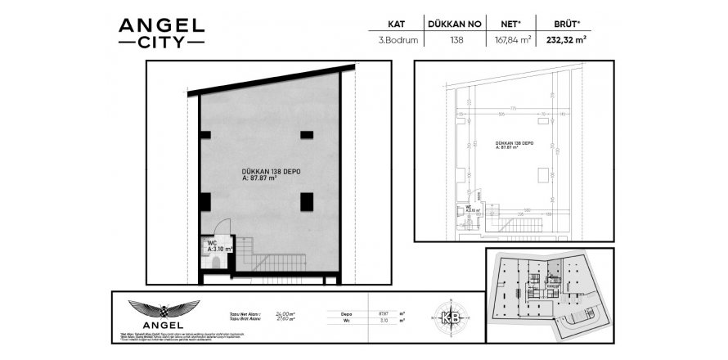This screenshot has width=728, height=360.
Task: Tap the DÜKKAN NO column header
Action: click(456, 25)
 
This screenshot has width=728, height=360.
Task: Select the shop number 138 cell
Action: click(456, 39)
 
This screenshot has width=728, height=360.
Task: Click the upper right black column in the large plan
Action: click(306, 135)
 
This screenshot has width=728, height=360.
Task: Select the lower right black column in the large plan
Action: click(306, 200)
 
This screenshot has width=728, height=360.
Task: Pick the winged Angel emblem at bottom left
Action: click(164, 312)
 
